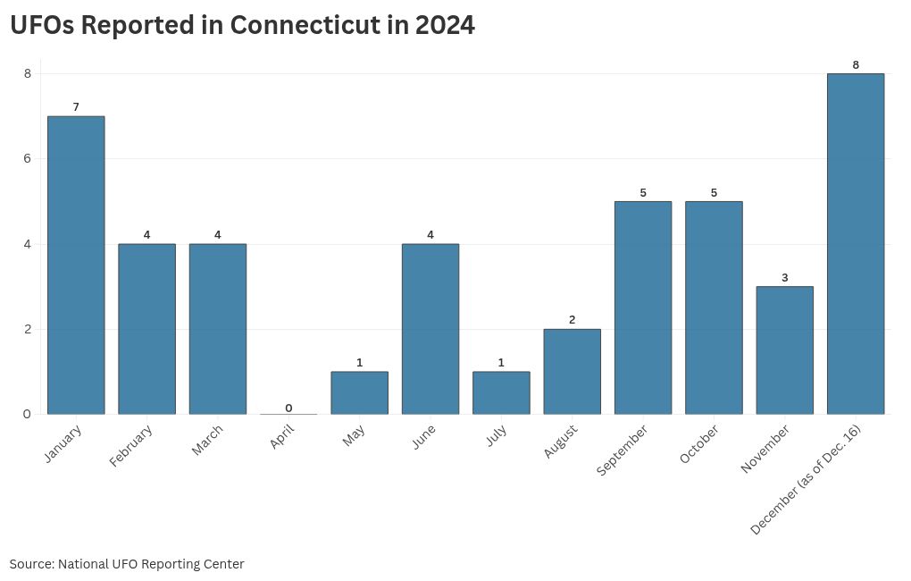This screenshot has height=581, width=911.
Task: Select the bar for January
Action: pyautogui.click(x=76, y=265)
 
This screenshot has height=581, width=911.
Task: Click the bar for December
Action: pyautogui.click(x=856, y=244)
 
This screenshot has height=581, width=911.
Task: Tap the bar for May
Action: pyautogui.click(x=360, y=392)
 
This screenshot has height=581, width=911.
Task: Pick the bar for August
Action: pyautogui.click(x=573, y=372)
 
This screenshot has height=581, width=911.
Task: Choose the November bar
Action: pyautogui.click(x=785, y=350)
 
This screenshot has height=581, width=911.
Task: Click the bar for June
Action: pyautogui.click(x=430, y=329)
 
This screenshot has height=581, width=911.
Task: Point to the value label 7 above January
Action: pyautogui.click(x=76, y=107)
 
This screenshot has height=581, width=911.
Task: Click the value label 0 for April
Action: pyautogui.click(x=288, y=408)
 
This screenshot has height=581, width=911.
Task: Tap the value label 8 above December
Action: pyautogui.click(x=856, y=65)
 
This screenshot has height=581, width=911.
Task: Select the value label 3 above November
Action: pyautogui.click(x=785, y=278)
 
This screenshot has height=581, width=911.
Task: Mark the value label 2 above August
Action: pyautogui.click(x=573, y=320)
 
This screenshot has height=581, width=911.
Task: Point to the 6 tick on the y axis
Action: pyautogui.click(x=28, y=159)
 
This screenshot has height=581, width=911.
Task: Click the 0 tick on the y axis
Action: pyautogui.click(x=28, y=414)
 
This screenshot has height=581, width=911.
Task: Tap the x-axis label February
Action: pyautogui.click(x=130, y=446)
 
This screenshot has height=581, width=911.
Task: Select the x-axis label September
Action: pyautogui.click(x=622, y=450)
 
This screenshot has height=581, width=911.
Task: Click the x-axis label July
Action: pyautogui.click(x=497, y=435)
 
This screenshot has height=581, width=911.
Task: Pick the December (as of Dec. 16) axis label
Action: pyautogui.click(x=806, y=480)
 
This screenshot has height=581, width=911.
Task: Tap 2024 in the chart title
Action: pyautogui.click(x=445, y=25)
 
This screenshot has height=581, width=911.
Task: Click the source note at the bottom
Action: pyautogui.click(x=127, y=564)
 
